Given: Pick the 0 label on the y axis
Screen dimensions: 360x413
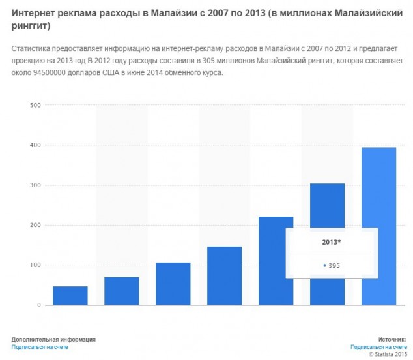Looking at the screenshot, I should tap(38, 305).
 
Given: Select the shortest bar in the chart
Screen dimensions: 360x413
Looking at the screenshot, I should tap(70, 295).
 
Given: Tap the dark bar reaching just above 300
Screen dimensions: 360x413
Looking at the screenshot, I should tap(327, 205).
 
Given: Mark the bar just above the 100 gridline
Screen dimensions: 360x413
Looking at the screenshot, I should tap(173, 284).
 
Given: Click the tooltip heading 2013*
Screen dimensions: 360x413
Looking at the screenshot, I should tap(332, 242).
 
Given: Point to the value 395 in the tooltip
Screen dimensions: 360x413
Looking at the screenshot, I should tap(334, 265).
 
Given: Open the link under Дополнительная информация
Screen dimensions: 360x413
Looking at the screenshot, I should tap(40, 347).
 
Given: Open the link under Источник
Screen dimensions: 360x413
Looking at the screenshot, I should tap(378, 347).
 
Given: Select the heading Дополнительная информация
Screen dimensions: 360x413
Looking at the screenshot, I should tap(53, 339).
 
